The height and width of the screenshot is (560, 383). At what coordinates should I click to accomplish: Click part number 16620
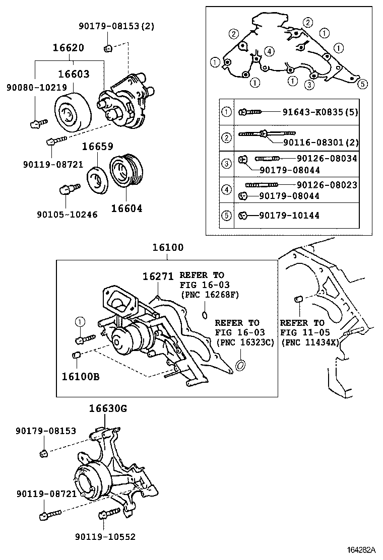click(x=69, y=48)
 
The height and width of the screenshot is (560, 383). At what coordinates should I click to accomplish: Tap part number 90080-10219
click(x=36, y=88)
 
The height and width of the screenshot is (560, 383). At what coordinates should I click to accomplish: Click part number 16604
click(x=126, y=207)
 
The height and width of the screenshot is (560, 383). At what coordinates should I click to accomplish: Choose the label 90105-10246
click(x=67, y=214)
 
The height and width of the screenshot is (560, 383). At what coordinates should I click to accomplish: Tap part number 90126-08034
click(x=327, y=158)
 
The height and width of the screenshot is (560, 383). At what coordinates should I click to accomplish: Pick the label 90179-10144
click(x=289, y=216)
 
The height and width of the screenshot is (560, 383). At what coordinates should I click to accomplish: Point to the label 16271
click(x=157, y=276)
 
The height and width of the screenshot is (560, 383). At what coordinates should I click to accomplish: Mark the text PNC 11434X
click(x=311, y=342)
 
